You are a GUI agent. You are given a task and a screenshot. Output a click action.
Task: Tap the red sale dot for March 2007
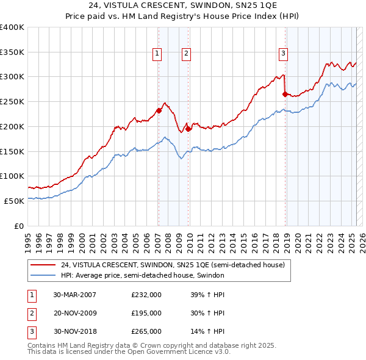pyautogui.click(x=159, y=110)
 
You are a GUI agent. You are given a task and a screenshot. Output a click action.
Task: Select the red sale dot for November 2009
pyautogui.click(x=188, y=129)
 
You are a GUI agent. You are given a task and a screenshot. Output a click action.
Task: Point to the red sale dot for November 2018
pyautogui.click(x=285, y=94)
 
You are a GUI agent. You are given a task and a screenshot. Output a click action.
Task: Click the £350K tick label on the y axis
pyautogui.click(x=12, y=52)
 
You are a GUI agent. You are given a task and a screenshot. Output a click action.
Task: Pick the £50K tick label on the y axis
pyautogui.click(x=15, y=201)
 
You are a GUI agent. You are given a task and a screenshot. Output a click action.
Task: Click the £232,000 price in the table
pyautogui.click(x=146, y=295)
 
